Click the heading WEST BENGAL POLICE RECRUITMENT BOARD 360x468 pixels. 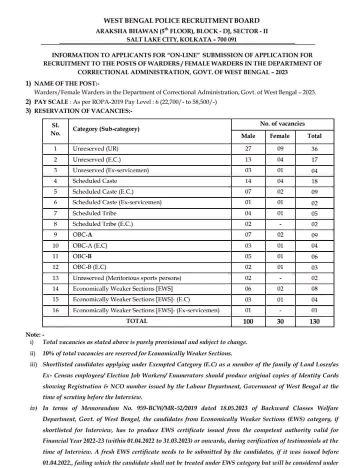coord(181,21)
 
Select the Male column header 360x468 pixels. coord(248,136)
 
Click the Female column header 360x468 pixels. coord(279,136)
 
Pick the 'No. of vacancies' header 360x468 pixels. coord(282,124)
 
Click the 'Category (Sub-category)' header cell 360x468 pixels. coord(106,129)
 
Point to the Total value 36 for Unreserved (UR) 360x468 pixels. coord(314,149)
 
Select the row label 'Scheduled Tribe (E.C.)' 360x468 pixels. coord(102,224)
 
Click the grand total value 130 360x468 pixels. coord(314,321)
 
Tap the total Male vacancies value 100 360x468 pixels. coord(248,321)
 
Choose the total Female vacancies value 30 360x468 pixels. coord(280,321)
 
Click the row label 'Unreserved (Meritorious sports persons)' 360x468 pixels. coord(127,278)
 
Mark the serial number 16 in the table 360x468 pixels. coord(55,310)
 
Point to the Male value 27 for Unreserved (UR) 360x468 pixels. coord(248,149)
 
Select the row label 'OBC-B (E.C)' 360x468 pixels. coord(89,267)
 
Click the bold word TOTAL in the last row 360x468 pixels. coord(137,321)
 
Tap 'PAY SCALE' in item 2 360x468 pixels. coord(50,101)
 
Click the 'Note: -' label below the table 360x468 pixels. coord(35,334)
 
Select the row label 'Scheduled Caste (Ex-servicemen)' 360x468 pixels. coord(116,202)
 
